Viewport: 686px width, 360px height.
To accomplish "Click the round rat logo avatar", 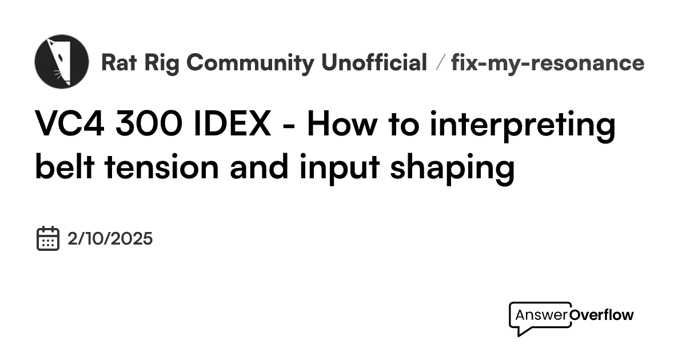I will (x=62, y=61).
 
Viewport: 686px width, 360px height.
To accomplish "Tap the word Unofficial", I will (x=374, y=63).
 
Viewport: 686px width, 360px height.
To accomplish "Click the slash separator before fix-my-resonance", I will (x=439, y=63).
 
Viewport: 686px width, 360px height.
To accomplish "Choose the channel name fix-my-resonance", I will (x=548, y=63).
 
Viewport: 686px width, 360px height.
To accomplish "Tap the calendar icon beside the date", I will (x=48, y=238).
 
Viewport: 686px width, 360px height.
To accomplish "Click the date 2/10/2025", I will (x=110, y=238).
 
